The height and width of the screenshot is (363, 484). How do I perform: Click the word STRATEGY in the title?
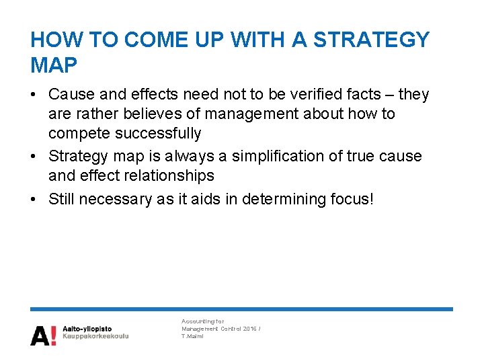(x=372, y=40)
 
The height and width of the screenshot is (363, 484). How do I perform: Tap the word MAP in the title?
(x=54, y=65)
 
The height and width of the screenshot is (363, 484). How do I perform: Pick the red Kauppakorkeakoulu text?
(x=95, y=335)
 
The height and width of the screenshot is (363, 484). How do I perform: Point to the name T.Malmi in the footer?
(x=192, y=336)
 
